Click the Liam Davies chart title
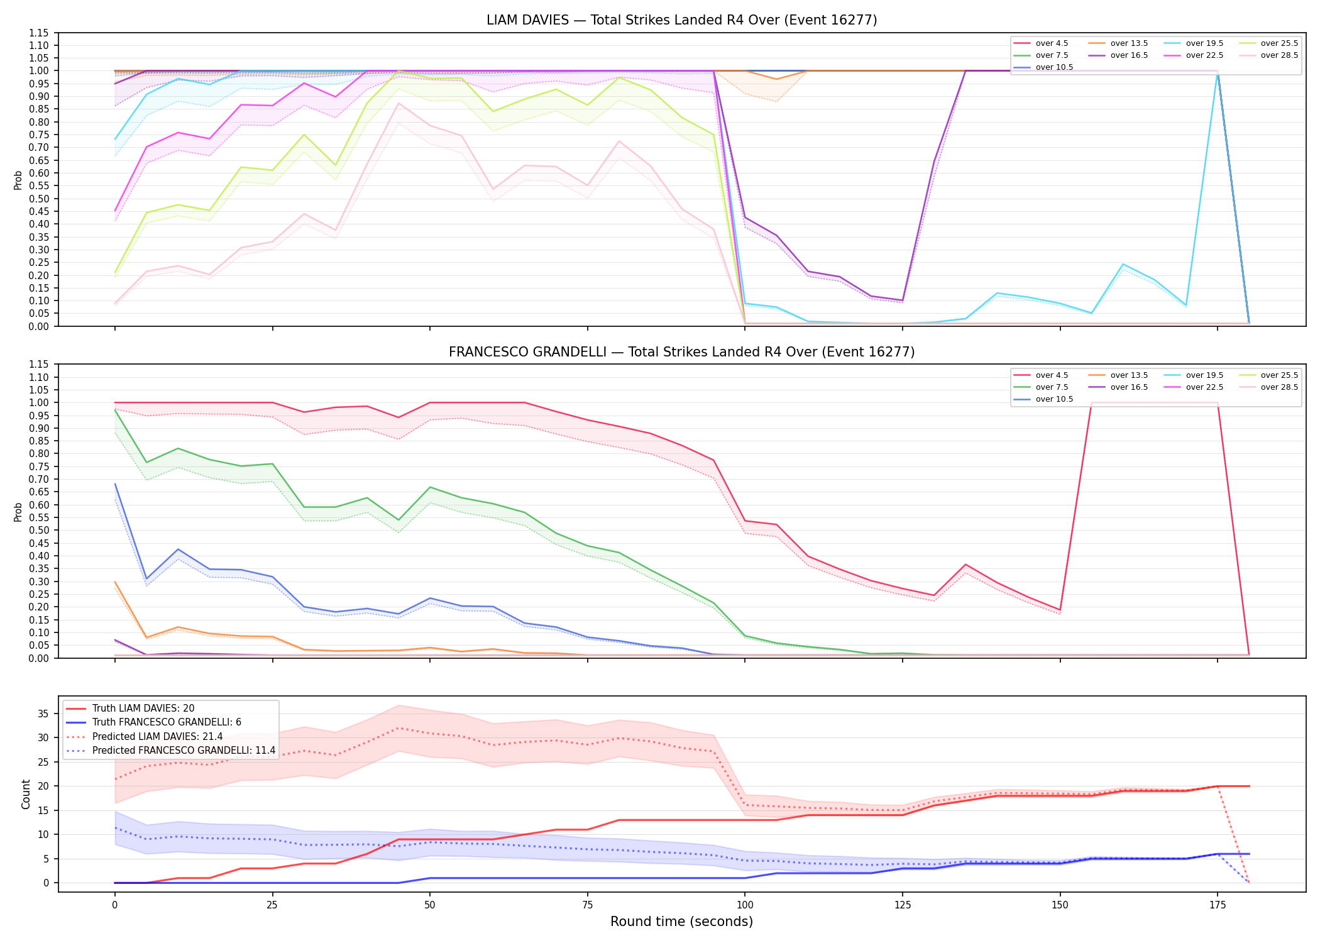point(681,20)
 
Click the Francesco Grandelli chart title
point(681,352)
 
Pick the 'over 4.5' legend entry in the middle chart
point(1041,375)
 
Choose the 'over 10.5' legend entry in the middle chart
point(1043,399)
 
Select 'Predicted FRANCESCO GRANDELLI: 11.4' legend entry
point(170,751)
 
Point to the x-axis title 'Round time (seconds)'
point(681,922)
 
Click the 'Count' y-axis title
point(26,794)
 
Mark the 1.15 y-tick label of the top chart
point(39,33)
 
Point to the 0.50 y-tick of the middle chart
point(39,530)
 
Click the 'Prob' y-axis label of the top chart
point(18,180)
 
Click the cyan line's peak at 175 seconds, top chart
point(1218,74)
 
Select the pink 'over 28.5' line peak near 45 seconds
point(398,102)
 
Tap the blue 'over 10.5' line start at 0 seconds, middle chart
point(115,484)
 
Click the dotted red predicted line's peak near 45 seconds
point(398,728)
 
